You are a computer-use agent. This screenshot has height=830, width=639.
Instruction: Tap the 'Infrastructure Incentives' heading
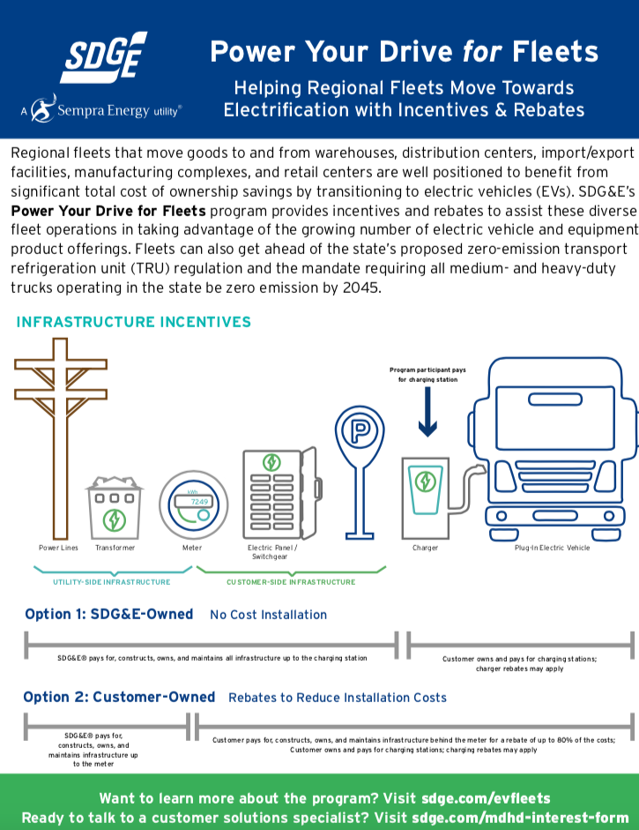click(x=133, y=322)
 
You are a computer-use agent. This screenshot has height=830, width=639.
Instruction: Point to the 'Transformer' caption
click(x=115, y=548)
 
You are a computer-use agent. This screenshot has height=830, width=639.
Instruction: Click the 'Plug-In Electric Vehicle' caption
click(x=553, y=548)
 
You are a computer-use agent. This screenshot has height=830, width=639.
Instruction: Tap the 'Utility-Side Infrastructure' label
click(x=112, y=582)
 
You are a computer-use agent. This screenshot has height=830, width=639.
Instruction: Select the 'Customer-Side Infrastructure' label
click(x=291, y=582)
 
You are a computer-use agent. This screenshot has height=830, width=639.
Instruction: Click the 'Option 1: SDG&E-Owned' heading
click(x=108, y=614)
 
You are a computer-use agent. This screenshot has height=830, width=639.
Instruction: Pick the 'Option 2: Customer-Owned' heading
click(x=119, y=697)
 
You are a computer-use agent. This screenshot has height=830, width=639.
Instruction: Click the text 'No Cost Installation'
click(x=268, y=615)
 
